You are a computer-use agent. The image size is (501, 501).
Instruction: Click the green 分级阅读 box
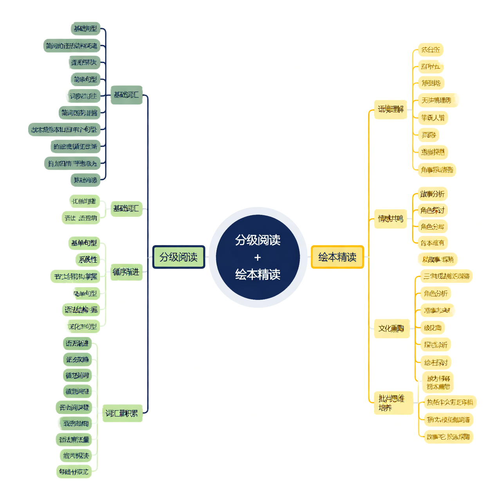[x=178, y=257]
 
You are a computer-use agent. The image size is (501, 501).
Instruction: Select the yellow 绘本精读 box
[x=337, y=257]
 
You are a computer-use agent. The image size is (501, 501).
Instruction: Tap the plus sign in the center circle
[x=258, y=258]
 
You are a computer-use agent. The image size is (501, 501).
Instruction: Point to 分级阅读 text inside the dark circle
[x=258, y=240]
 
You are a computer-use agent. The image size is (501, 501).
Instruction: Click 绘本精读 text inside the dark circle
[x=258, y=274]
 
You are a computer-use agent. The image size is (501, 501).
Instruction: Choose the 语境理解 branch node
[x=391, y=109]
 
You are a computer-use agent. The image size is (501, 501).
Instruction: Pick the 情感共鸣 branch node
[x=391, y=218]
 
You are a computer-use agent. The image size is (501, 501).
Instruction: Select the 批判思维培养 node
[x=393, y=403]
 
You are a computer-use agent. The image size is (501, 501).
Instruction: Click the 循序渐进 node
[x=126, y=272]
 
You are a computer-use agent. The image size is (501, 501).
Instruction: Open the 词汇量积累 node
[x=122, y=413]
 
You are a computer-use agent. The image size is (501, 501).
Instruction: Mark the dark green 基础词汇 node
[x=126, y=95]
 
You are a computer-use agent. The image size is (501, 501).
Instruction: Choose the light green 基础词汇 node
[x=126, y=208]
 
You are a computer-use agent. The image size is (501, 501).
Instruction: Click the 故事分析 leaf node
[x=432, y=194]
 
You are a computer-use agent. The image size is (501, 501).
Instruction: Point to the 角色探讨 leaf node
[x=432, y=211]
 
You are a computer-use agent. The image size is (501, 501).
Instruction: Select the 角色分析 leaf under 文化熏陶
[x=436, y=294]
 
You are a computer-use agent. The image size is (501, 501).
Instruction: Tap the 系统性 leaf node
[x=88, y=260]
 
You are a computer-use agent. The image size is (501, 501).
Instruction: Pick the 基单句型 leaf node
[x=84, y=243]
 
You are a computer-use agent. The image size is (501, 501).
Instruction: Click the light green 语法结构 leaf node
[x=81, y=310]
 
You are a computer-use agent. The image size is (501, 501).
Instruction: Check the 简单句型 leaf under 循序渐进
[x=85, y=293]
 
